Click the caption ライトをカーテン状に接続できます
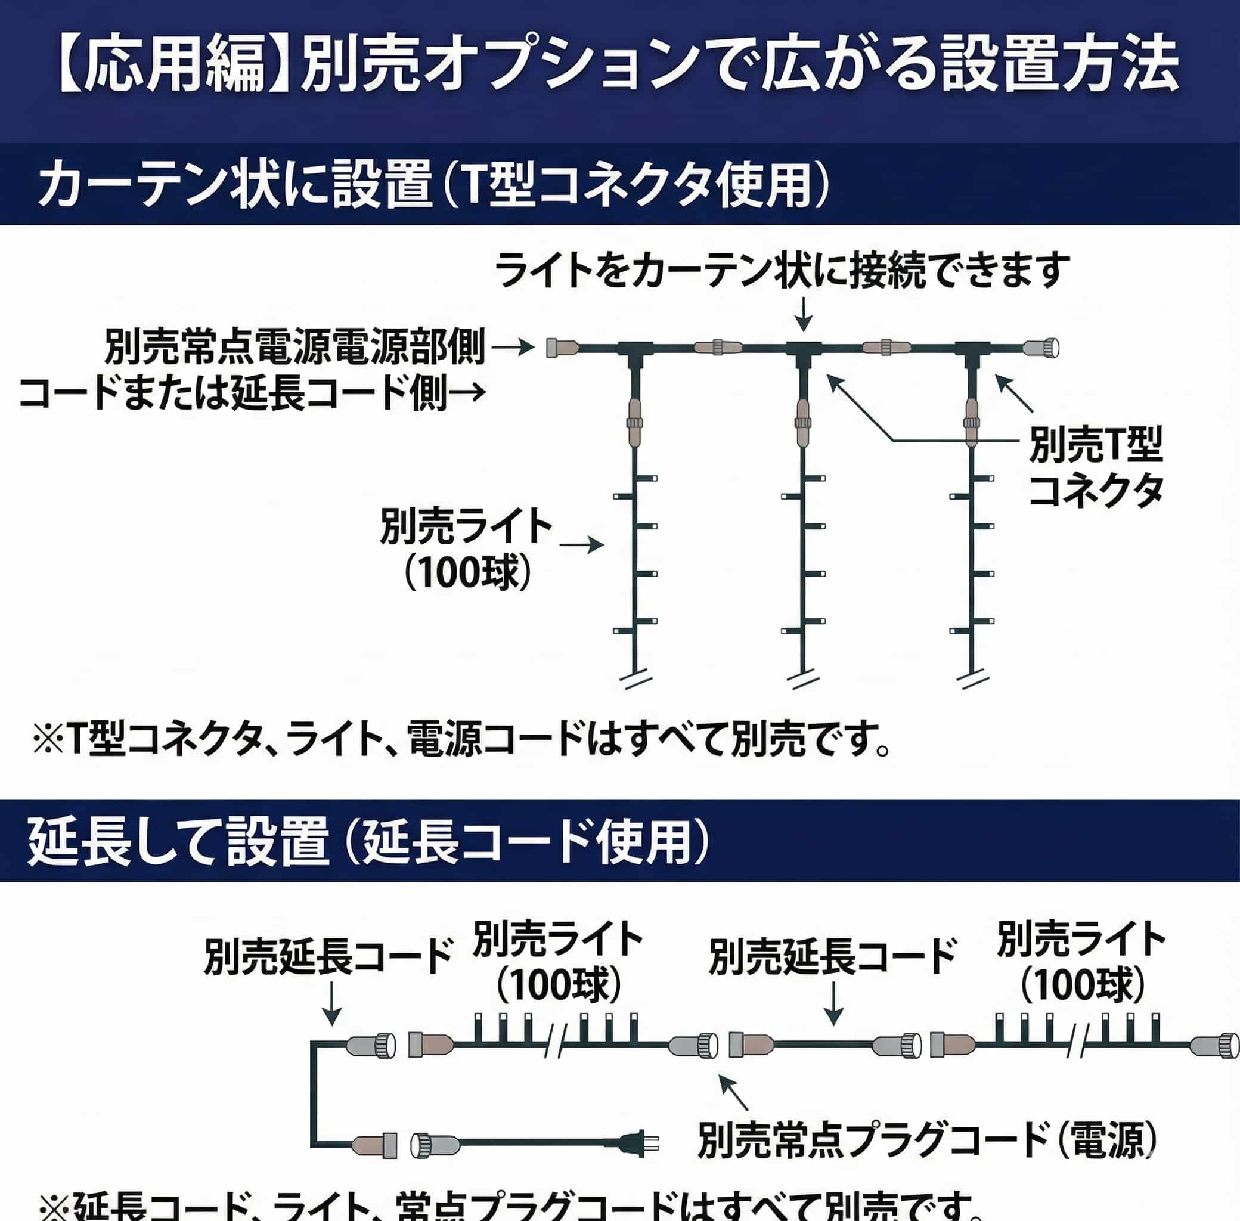click(x=783, y=271)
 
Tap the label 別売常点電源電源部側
click(x=295, y=347)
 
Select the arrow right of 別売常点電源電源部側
click(x=513, y=347)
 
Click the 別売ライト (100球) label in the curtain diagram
click(x=466, y=549)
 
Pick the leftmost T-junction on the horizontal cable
click(x=635, y=349)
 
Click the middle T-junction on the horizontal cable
click(x=804, y=349)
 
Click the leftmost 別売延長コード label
click(x=329, y=956)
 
